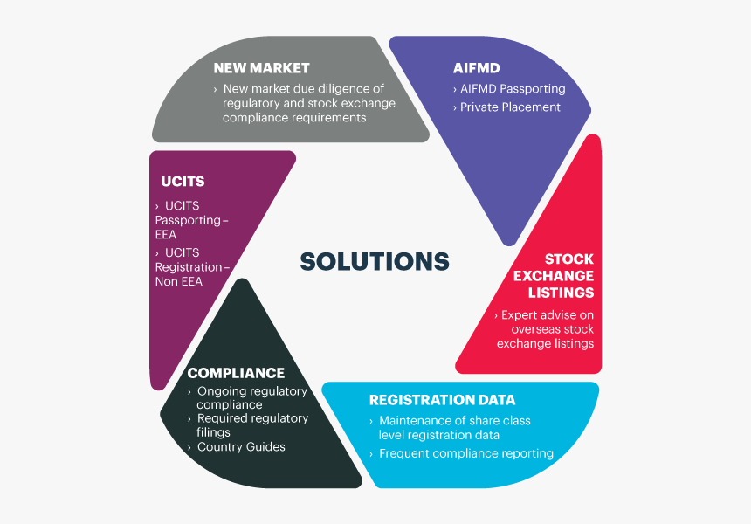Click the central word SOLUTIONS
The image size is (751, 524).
click(x=375, y=261)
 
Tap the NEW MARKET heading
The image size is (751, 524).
click(x=261, y=68)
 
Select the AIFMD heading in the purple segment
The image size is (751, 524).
click(x=477, y=68)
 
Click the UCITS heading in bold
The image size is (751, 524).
click(x=183, y=182)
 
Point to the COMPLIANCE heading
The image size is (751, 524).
click(x=236, y=373)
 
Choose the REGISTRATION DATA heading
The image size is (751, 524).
click(x=442, y=400)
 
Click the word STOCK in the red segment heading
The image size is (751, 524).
click(x=569, y=259)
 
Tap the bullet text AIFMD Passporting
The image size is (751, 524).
click(x=513, y=89)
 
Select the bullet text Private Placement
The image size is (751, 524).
click(x=510, y=107)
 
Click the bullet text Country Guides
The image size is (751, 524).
click(x=241, y=447)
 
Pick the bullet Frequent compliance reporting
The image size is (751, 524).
click(x=466, y=453)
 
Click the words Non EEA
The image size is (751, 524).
click(x=179, y=281)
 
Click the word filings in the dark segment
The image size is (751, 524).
click(x=214, y=432)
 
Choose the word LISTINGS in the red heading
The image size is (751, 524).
click(x=561, y=293)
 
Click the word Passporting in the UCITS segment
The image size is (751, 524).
click(x=188, y=221)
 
